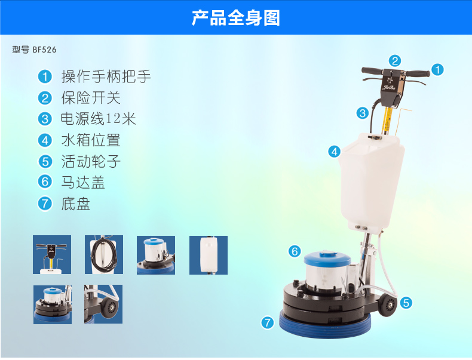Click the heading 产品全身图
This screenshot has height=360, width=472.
click(x=236, y=18)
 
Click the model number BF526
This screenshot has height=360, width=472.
click(x=44, y=50)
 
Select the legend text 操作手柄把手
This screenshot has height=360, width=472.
click(x=106, y=76)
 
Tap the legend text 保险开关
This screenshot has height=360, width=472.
click(x=91, y=98)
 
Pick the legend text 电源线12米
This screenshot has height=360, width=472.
click(x=99, y=119)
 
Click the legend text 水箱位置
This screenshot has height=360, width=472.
click(x=91, y=140)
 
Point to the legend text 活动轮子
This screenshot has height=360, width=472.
click(x=91, y=162)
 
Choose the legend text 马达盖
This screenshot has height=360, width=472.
click(x=83, y=182)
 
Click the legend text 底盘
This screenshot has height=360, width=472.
click(x=76, y=204)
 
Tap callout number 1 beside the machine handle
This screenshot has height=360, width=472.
click(x=438, y=70)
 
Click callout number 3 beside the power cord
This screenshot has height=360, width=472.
click(x=363, y=113)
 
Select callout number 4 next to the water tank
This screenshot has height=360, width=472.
click(x=335, y=152)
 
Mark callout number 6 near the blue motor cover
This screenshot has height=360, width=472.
click(x=295, y=251)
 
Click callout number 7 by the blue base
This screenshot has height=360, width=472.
click(x=267, y=323)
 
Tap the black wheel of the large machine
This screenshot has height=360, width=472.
click(x=387, y=304)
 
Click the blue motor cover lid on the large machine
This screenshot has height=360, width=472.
click(x=327, y=259)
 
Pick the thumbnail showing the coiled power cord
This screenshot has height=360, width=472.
click(x=104, y=255)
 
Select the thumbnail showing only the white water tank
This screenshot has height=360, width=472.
click(x=209, y=255)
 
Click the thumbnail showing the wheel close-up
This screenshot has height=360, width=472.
click(x=103, y=304)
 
